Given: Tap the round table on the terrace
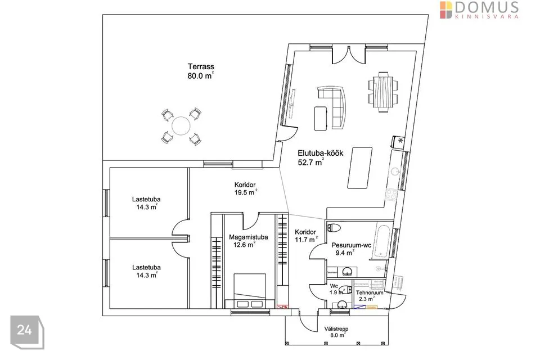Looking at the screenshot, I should coord(181,125).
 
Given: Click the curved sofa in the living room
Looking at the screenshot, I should coord(337,106).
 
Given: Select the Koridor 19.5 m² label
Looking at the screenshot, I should coord(245,188).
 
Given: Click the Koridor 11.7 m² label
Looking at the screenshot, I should coord(306,235).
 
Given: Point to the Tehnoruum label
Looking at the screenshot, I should coord(370,293).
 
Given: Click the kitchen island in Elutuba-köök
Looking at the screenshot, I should coord(360,168).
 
